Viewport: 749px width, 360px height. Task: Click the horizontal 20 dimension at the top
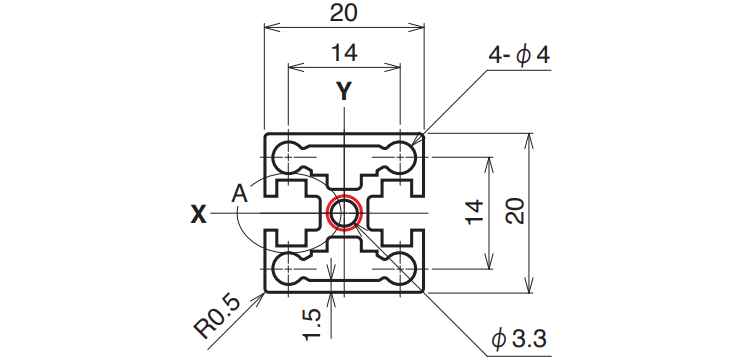pyautogui.click(x=343, y=13)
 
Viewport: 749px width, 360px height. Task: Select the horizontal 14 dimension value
pyautogui.click(x=343, y=53)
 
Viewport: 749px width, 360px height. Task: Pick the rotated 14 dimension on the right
pyautogui.click(x=475, y=212)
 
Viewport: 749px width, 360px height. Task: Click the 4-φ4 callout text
pyautogui.click(x=519, y=55)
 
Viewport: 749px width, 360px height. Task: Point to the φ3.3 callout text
pyautogui.click(x=519, y=340)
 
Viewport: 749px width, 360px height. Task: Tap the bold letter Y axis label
pyautogui.click(x=343, y=91)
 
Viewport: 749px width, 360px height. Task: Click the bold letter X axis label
pyautogui.click(x=199, y=215)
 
